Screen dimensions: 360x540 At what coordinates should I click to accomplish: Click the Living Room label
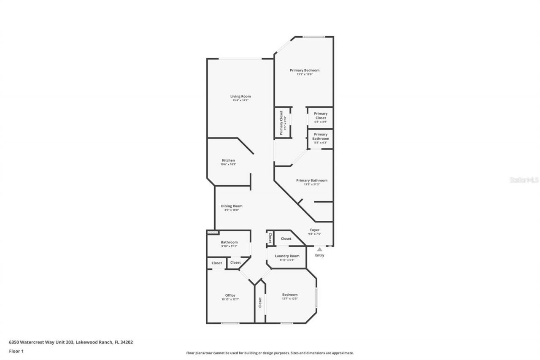pos(240,96)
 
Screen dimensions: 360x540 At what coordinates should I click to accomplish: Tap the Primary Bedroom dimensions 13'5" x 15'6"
pos(304,74)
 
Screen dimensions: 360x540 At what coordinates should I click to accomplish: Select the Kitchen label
pos(228,160)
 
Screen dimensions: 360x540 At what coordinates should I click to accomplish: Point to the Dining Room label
pos(232,206)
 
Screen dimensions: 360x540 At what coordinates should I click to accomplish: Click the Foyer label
pos(315,230)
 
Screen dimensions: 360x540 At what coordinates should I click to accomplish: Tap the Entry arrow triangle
pos(319,249)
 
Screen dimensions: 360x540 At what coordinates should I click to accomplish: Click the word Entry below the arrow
pos(320,255)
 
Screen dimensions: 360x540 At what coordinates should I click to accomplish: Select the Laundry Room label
pos(287,256)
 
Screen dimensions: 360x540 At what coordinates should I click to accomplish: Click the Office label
pos(230,295)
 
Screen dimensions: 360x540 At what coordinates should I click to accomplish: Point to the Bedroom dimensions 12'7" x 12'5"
pos(290,299)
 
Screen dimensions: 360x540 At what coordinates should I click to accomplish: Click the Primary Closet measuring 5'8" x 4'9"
pos(321,117)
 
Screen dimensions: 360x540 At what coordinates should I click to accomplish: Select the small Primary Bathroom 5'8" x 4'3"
pos(321,138)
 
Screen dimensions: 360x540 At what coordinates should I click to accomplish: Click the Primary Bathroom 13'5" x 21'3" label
pos(312,182)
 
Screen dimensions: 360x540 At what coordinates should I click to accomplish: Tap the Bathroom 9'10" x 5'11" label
pos(229,244)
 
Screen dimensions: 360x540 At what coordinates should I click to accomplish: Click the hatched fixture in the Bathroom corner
pos(213,232)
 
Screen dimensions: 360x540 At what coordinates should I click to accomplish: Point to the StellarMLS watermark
pos(524,180)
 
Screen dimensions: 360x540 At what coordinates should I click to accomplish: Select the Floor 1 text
pos(16,351)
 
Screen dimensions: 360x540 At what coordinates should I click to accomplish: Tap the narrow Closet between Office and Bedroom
pos(260,303)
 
